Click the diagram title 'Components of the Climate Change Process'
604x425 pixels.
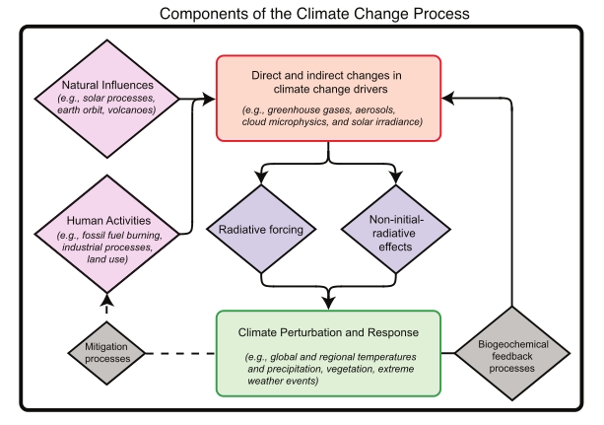(302, 13)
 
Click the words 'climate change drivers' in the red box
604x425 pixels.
(328, 88)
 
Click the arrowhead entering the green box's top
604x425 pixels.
(327, 302)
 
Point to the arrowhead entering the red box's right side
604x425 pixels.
(449, 98)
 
